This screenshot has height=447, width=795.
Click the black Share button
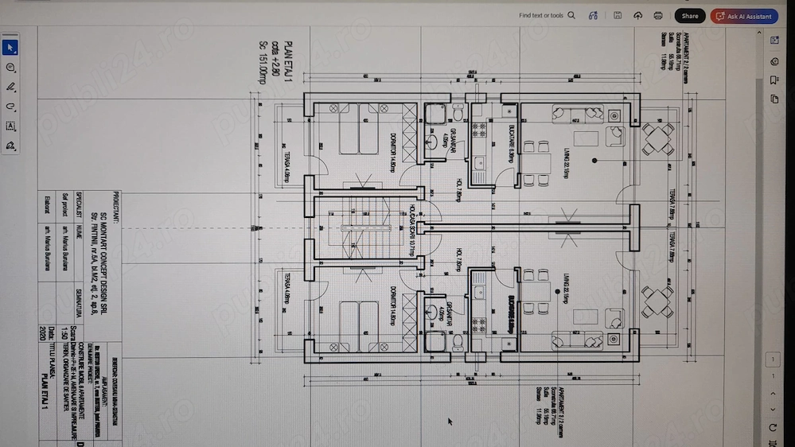[689, 16]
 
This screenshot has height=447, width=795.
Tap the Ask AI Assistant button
[745, 16]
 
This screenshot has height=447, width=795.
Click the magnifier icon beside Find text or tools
[571, 15]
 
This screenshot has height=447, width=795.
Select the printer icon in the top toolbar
[658, 16]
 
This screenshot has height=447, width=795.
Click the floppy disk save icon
[618, 16]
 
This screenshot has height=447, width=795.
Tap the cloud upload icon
[637, 16]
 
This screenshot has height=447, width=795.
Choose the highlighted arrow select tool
[11, 49]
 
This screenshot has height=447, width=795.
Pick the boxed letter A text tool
[11, 126]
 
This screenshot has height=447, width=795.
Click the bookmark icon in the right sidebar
[774, 80]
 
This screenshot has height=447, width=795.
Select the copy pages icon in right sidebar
[774, 99]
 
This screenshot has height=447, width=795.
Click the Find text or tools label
[541, 15]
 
